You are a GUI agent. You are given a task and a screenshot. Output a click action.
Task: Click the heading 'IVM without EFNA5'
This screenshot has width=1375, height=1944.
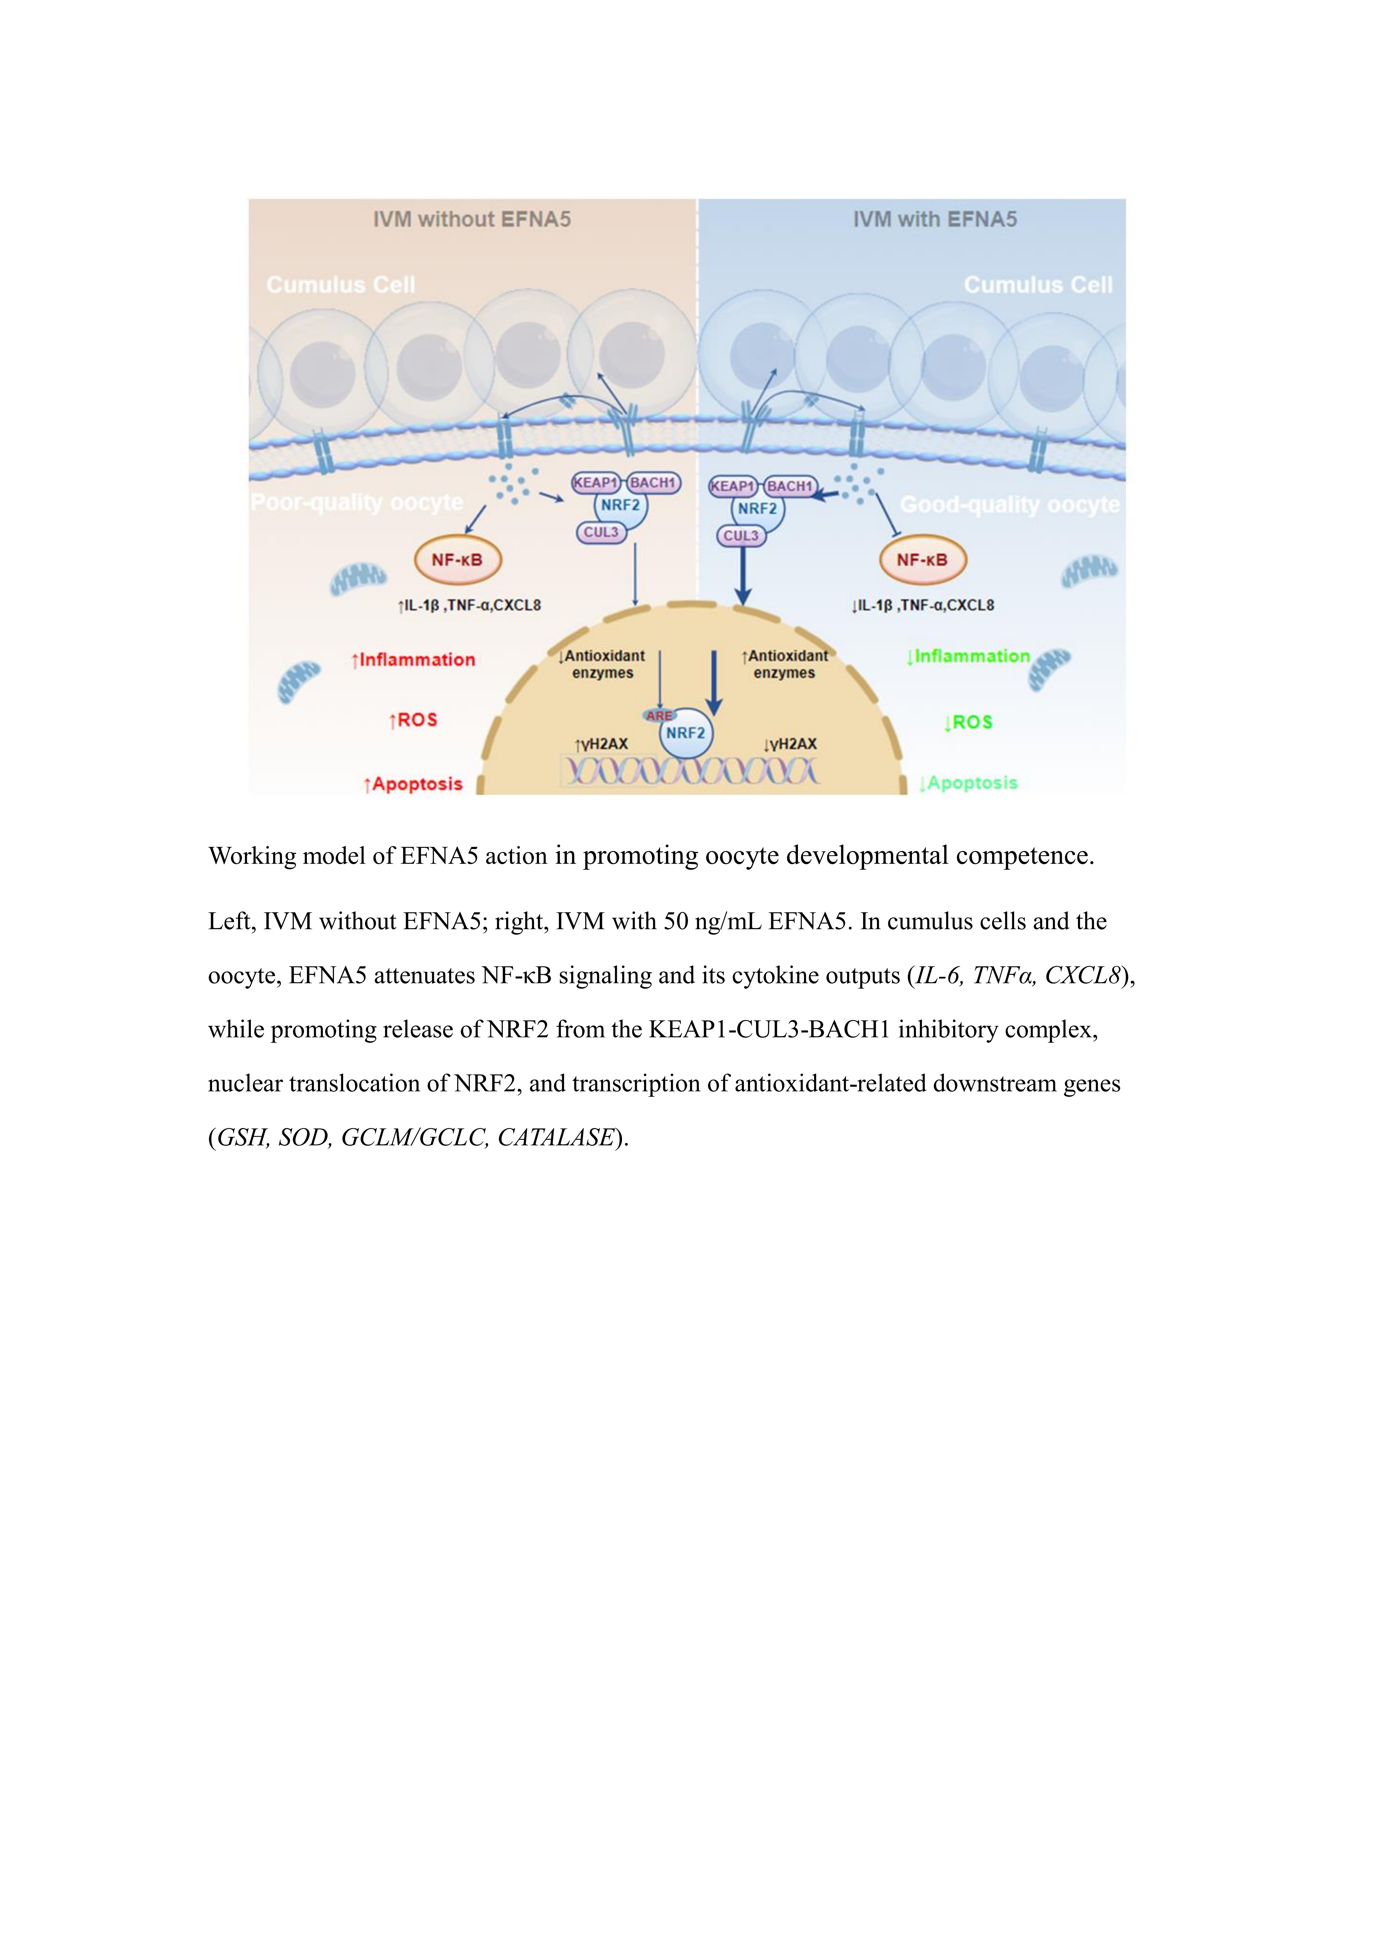[x=472, y=219]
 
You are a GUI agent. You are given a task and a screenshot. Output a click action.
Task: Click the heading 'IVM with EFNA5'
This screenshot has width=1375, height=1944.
[x=935, y=219]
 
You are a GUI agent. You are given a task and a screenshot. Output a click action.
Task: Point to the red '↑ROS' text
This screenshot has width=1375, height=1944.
[x=413, y=720]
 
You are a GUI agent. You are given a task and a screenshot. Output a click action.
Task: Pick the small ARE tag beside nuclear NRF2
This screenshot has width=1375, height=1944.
[x=659, y=716]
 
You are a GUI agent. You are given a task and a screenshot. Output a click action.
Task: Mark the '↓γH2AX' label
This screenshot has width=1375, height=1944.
[x=790, y=744]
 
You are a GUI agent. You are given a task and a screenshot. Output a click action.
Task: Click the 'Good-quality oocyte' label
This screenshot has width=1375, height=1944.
[x=1009, y=505]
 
